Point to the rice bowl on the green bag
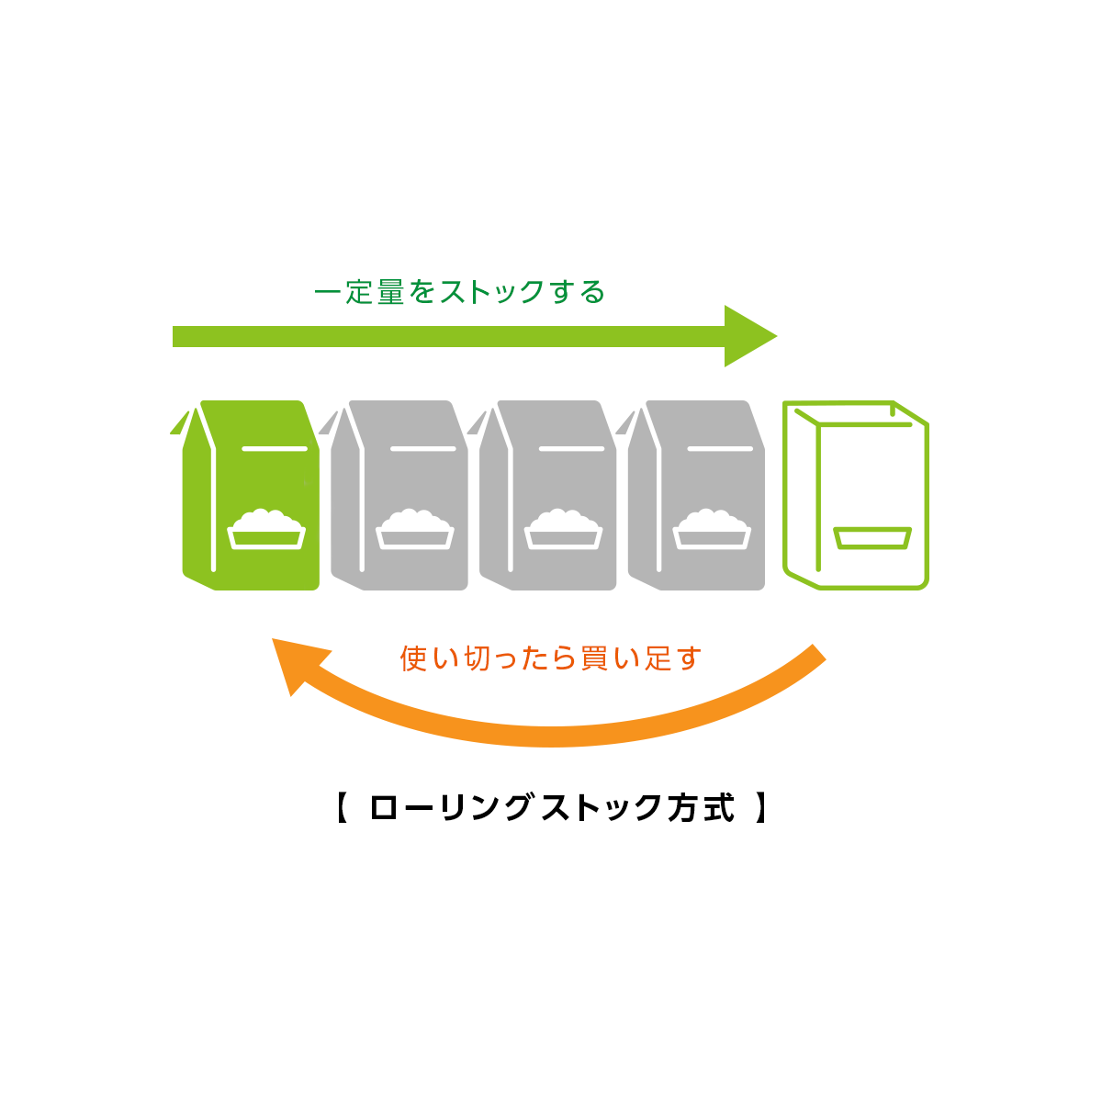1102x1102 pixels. click(266, 529)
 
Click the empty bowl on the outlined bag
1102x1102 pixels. click(872, 538)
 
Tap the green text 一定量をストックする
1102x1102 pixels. click(459, 292)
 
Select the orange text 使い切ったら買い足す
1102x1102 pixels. click(550, 658)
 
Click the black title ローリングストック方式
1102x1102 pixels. click(552, 807)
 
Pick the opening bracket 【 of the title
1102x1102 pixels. click(342, 807)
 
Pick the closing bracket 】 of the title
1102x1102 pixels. click(760, 807)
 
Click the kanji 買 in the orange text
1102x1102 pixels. click(593, 658)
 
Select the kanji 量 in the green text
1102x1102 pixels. click(391, 292)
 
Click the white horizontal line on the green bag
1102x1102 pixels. click(275, 448)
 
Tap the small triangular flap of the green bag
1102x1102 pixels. click(180, 422)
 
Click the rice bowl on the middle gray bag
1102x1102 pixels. click(563, 529)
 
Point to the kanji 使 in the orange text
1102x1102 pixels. click(413, 658)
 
